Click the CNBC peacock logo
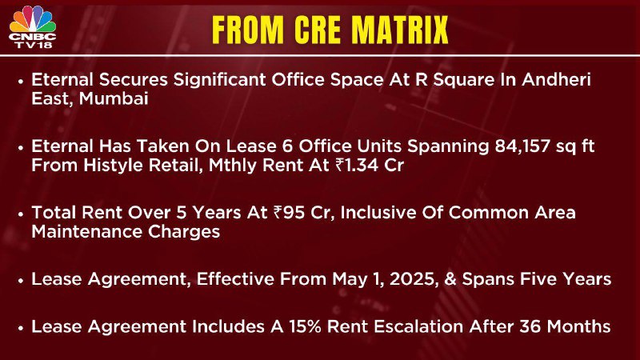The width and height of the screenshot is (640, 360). click(x=33, y=19)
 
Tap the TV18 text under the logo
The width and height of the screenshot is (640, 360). click(x=33, y=45)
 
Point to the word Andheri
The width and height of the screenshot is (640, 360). click(x=556, y=79)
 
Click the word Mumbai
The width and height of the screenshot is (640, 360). click(x=114, y=98)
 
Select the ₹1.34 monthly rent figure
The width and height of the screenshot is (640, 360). click(x=358, y=166)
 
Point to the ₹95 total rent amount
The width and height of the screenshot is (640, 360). click(x=289, y=213)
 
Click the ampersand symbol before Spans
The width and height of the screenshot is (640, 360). click(x=450, y=279)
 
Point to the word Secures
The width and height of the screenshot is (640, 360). click(x=133, y=79)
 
